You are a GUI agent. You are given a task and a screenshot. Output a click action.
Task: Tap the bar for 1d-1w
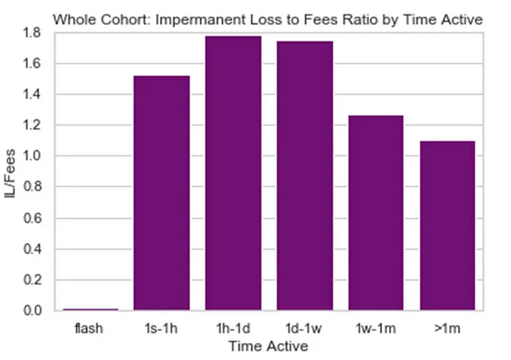tap(304, 175)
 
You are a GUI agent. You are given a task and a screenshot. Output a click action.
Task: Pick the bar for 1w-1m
tap(375, 212)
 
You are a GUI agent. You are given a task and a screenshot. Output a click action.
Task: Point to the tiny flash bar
tap(90, 309)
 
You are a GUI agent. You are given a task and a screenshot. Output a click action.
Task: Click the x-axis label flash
tap(90, 329)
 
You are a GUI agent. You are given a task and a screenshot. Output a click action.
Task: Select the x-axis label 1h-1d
tap(233, 329)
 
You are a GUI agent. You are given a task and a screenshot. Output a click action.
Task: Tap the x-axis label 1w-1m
tap(375, 329)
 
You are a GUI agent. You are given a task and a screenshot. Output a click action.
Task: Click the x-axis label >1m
tap(447, 329)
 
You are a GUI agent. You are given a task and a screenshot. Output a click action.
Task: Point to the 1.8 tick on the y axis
tap(33, 33)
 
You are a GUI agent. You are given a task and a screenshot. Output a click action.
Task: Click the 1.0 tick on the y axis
tap(33, 156)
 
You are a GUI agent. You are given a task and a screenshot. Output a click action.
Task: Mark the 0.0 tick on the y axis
tap(33, 310)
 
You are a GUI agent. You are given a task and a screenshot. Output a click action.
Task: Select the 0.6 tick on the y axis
tap(33, 218)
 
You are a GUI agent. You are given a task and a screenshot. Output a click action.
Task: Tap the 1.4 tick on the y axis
tap(33, 94)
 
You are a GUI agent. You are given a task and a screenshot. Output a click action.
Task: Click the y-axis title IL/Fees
tap(11, 172)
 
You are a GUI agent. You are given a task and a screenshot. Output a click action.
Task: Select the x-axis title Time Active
tap(268, 347)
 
